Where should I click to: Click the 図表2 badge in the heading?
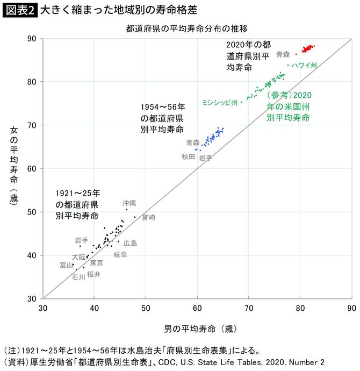pyautogui.click(x=20, y=10)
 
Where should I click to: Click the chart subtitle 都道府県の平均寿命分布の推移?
pyautogui.click(x=186, y=27)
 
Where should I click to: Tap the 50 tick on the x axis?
pyautogui.click(x=146, y=308)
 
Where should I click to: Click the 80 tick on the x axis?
pyautogui.click(x=300, y=308)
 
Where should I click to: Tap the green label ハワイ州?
pyautogui.click(x=304, y=65)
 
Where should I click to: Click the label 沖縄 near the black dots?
pyautogui.click(x=129, y=203)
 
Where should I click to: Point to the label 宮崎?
pyautogui.click(x=148, y=217)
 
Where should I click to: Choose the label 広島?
pyautogui.click(x=130, y=243)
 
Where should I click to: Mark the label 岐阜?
pyautogui.click(x=120, y=254)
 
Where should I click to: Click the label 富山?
pyautogui.click(x=67, y=265)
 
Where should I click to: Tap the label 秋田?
pyautogui.click(x=188, y=156)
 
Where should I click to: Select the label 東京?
pyautogui.click(x=97, y=263)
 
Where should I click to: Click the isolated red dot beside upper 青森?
pyautogui.click(x=296, y=54)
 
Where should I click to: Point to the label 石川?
pyautogui.click(x=78, y=277)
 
